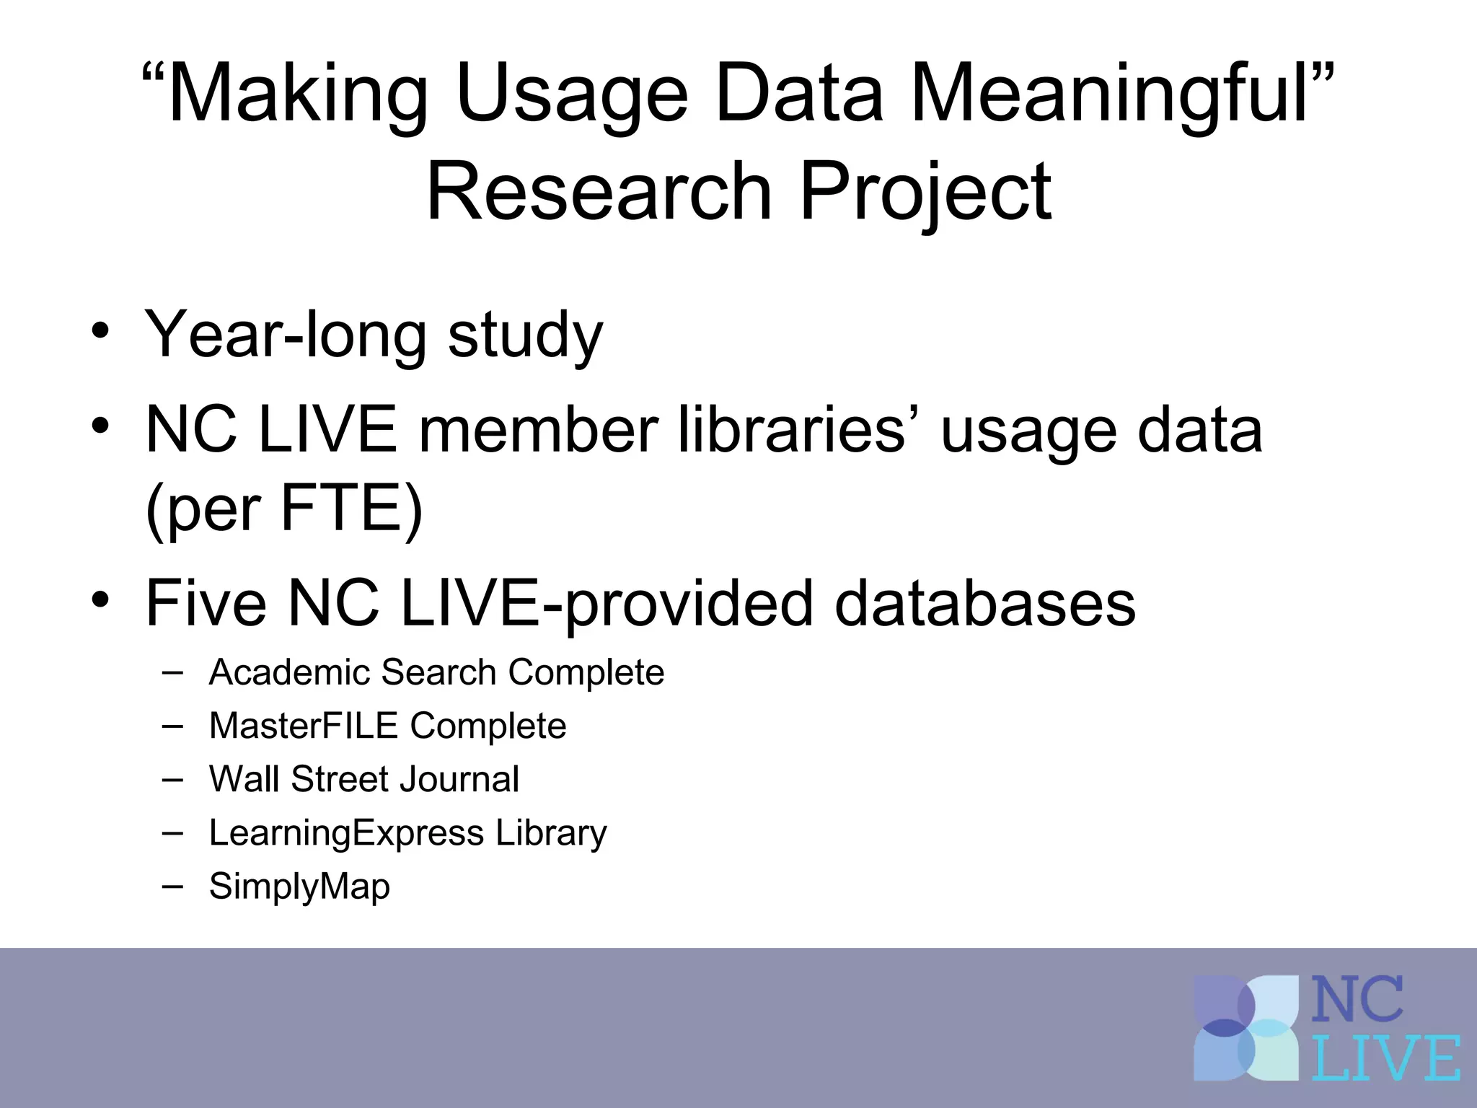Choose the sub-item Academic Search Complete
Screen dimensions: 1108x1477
(436, 672)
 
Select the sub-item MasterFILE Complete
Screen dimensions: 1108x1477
(387, 726)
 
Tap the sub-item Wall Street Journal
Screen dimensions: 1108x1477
(363, 779)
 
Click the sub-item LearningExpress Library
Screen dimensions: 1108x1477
(407, 832)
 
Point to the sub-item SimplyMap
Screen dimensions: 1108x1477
(299, 886)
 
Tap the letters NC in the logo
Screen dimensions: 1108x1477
(1357, 1000)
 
